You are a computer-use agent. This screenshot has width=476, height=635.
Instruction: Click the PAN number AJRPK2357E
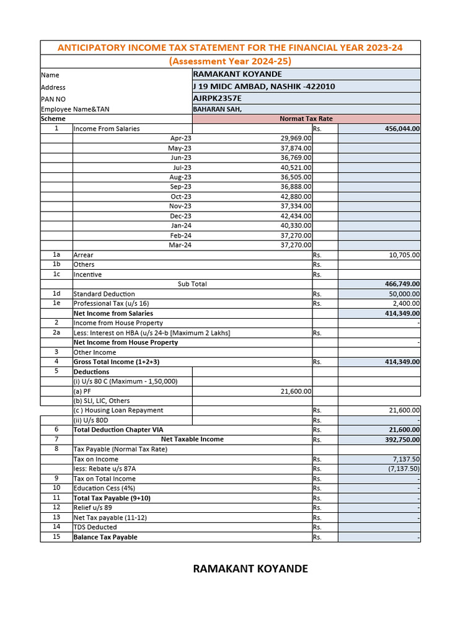coord(218,98)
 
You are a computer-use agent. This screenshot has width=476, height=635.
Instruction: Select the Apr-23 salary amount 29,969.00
coord(296,138)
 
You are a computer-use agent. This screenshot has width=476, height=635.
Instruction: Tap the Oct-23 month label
coord(181,197)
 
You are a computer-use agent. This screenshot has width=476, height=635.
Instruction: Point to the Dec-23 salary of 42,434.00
coord(296,216)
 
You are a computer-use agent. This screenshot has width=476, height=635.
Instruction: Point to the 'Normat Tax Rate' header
coord(306,118)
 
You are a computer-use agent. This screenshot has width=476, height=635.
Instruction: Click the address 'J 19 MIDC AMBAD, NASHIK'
coord(264,86)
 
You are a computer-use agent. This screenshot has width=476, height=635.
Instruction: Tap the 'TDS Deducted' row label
coord(95,527)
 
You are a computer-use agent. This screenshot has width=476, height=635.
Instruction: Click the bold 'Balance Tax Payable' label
coord(105,537)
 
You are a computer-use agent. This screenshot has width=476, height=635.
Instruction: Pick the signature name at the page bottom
coord(250,569)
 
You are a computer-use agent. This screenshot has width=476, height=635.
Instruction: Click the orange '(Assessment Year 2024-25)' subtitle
coord(230,61)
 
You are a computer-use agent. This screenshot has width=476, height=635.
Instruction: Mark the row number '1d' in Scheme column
coord(56,294)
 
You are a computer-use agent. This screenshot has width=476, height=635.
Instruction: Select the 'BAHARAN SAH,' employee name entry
coord(217,109)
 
